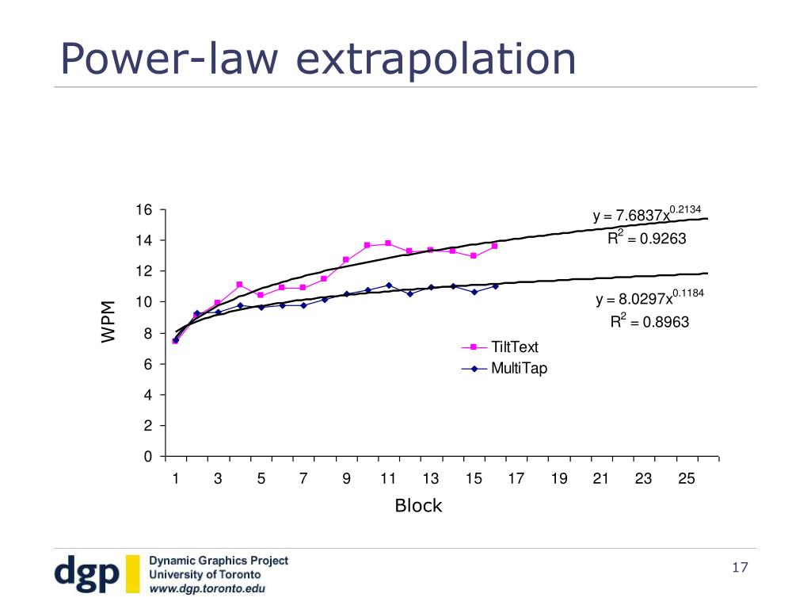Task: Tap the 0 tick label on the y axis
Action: point(147,457)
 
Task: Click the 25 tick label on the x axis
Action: point(687,478)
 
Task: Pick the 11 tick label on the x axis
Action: point(388,478)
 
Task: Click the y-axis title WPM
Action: point(108,321)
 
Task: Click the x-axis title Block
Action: point(418,506)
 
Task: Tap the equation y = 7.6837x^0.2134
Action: point(646,215)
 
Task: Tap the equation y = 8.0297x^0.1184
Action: point(649,299)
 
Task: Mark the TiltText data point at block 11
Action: point(388,243)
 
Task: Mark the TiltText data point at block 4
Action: point(239,284)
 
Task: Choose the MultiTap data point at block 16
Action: point(495,285)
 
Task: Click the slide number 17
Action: point(741,568)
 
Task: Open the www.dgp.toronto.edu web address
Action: point(208,589)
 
